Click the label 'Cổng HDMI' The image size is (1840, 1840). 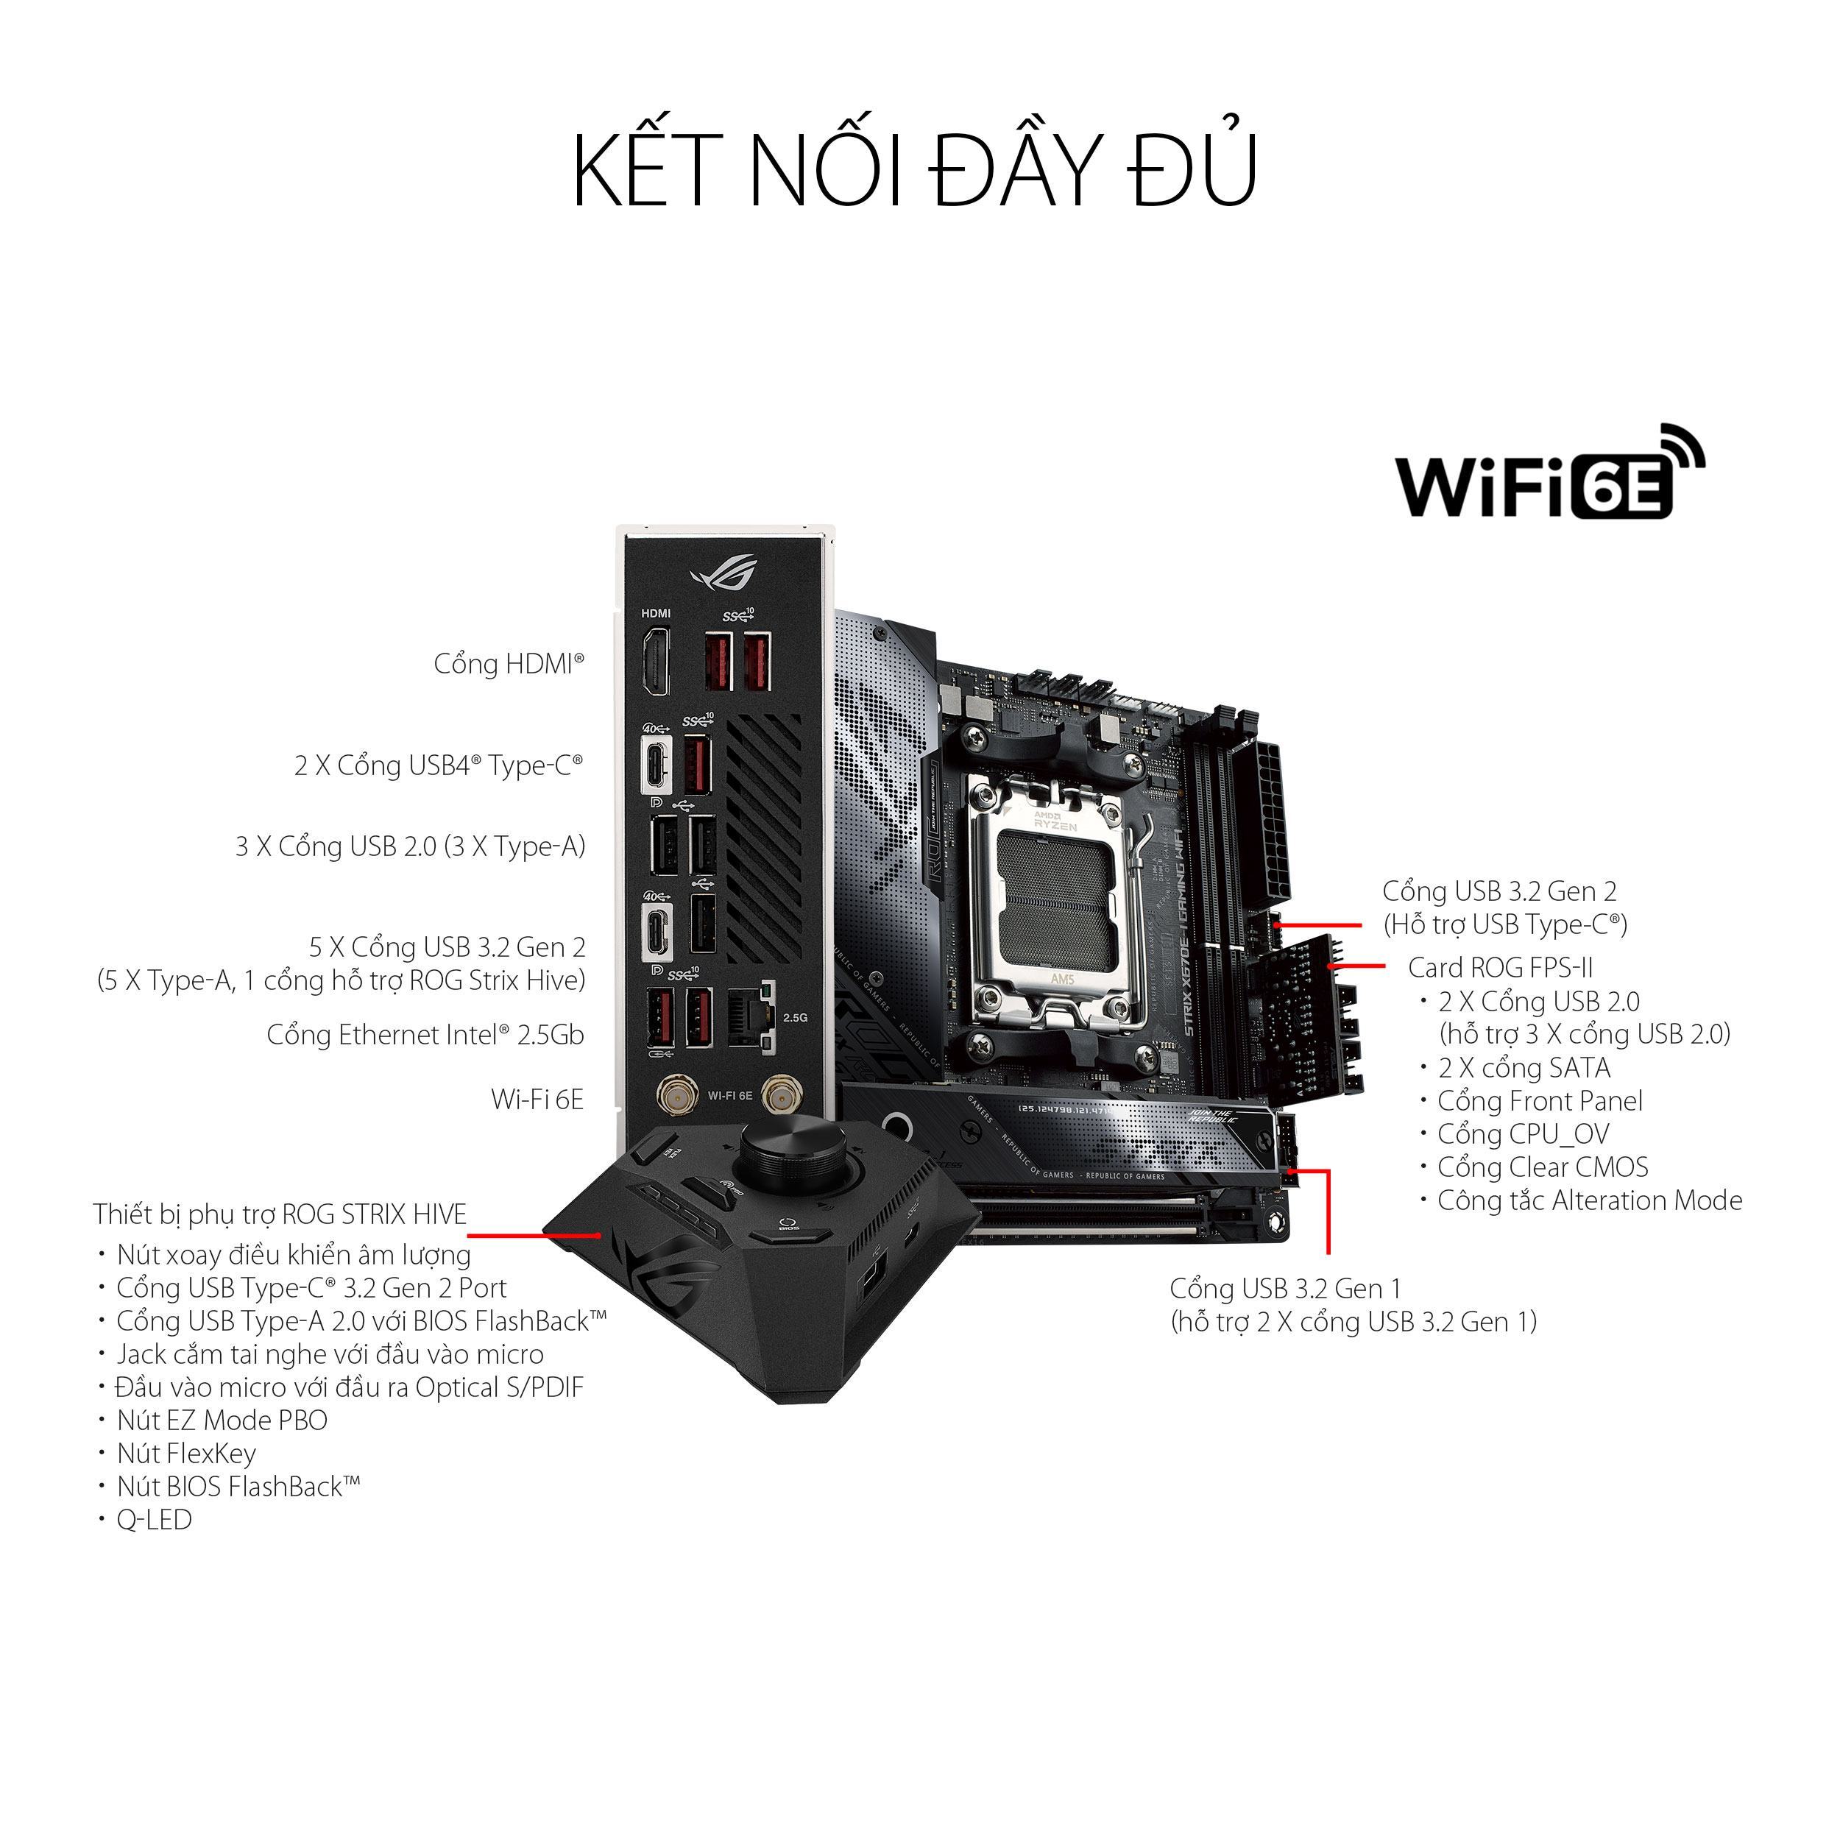click(509, 665)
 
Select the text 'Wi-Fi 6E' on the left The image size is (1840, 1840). click(537, 1100)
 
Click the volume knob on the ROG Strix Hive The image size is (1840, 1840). click(787, 1153)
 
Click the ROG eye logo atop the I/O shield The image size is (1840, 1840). click(722, 573)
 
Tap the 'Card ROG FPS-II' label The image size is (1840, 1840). click(1500, 969)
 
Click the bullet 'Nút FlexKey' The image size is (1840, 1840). click(185, 1454)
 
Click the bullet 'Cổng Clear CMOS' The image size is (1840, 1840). click(1542, 1167)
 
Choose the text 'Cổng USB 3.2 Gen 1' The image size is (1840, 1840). click(1286, 1289)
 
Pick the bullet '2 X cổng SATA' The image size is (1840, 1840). click(1524, 1069)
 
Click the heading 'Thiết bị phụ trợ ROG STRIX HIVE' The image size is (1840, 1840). click(280, 1215)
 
